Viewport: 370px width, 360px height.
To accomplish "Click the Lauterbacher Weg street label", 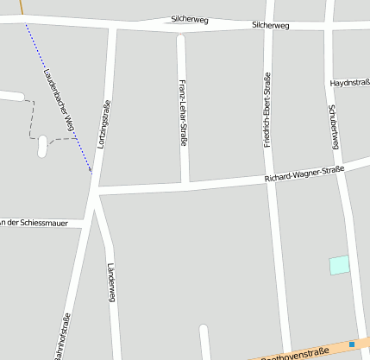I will pyautogui.click(x=60, y=102).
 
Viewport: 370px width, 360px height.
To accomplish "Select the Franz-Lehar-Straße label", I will pyautogui.click(x=183, y=105).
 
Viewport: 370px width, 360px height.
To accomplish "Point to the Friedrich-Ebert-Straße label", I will pyautogui.click(x=268, y=110).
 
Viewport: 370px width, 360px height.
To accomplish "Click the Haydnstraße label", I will pyautogui.click(x=350, y=83).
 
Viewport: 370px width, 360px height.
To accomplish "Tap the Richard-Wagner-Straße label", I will pyautogui.click(x=304, y=174).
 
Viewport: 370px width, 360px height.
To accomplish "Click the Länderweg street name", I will pyautogui.click(x=110, y=283).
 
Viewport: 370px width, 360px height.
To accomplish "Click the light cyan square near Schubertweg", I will pyautogui.click(x=340, y=265).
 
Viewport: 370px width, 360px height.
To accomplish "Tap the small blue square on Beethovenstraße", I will pyautogui.click(x=352, y=345).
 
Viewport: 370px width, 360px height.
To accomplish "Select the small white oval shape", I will pyautogui.click(x=42, y=147).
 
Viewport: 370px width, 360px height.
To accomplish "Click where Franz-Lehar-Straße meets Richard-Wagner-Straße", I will pyautogui.click(x=185, y=183).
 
